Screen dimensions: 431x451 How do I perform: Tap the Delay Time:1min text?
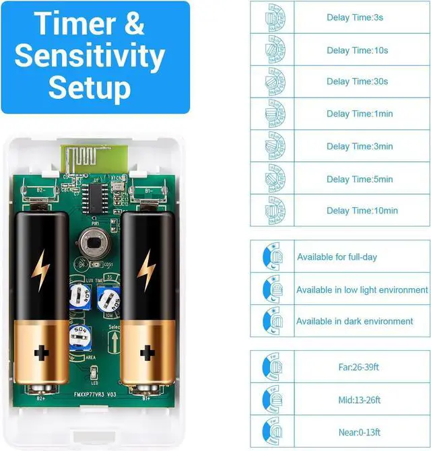[x=360, y=114]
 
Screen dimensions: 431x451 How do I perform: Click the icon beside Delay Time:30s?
[x=275, y=81]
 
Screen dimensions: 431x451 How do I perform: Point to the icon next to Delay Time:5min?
[x=275, y=178]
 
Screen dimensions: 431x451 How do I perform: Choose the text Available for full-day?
[x=337, y=257]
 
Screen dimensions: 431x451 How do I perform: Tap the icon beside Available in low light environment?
[x=271, y=289]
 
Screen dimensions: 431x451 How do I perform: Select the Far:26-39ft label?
[x=360, y=368]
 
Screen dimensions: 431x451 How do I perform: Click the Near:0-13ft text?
[x=360, y=432]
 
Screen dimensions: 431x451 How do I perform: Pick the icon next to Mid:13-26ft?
[x=271, y=400]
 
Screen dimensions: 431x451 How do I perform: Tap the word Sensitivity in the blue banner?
[x=90, y=56]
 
